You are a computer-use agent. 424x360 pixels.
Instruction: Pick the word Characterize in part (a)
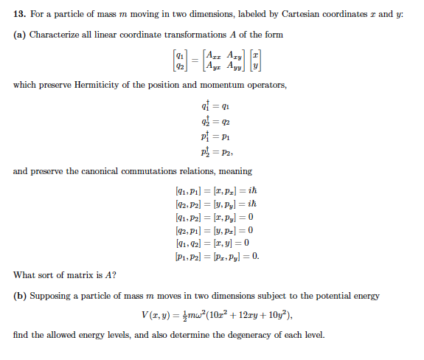tap(58, 35)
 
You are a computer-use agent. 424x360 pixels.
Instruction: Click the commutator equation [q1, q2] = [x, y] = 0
tap(212, 243)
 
